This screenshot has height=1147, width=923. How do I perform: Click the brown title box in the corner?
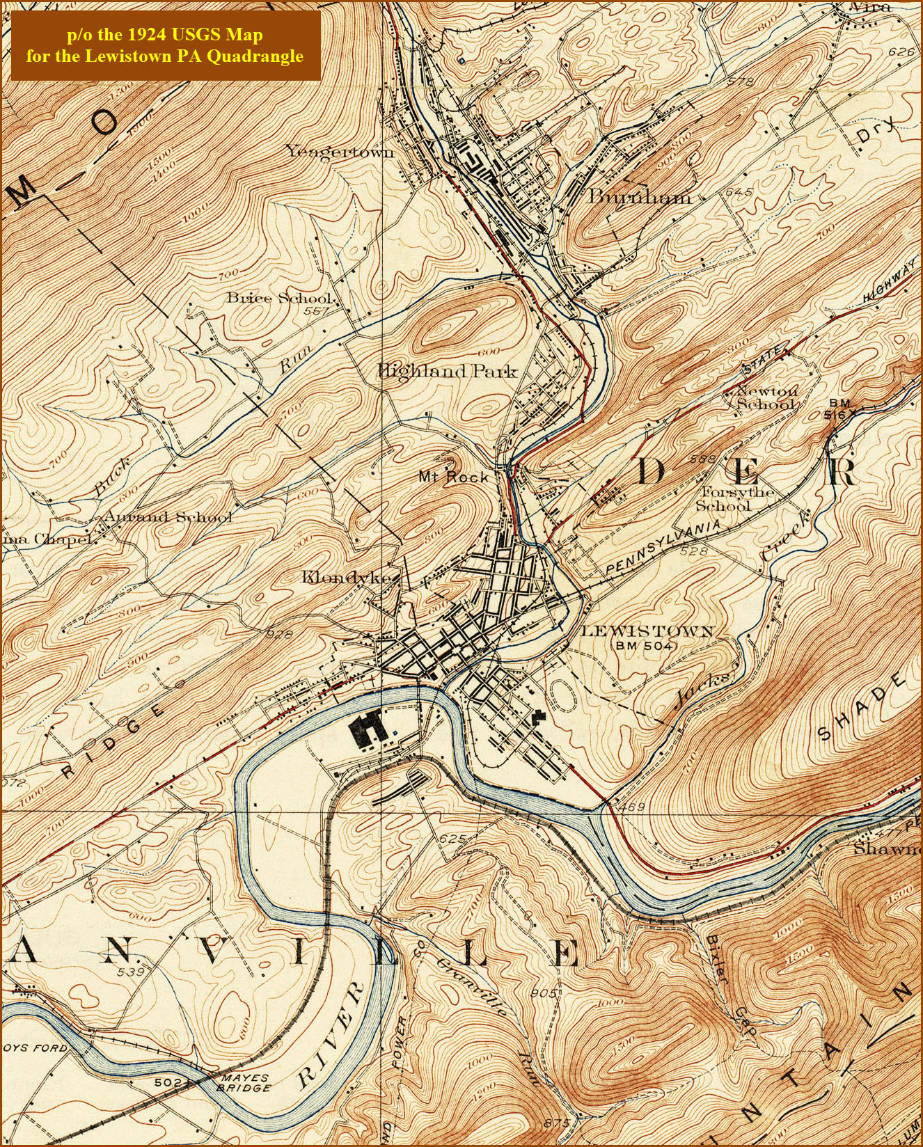tap(165, 45)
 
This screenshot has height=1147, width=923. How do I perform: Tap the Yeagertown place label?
tap(340, 152)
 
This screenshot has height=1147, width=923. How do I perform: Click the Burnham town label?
tap(639, 197)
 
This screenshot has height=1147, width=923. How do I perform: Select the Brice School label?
tap(278, 298)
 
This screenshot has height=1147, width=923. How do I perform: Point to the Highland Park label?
tap(448, 371)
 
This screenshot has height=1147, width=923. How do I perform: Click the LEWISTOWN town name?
tap(647, 631)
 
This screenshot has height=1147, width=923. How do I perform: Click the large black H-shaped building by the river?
tap(368, 729)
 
